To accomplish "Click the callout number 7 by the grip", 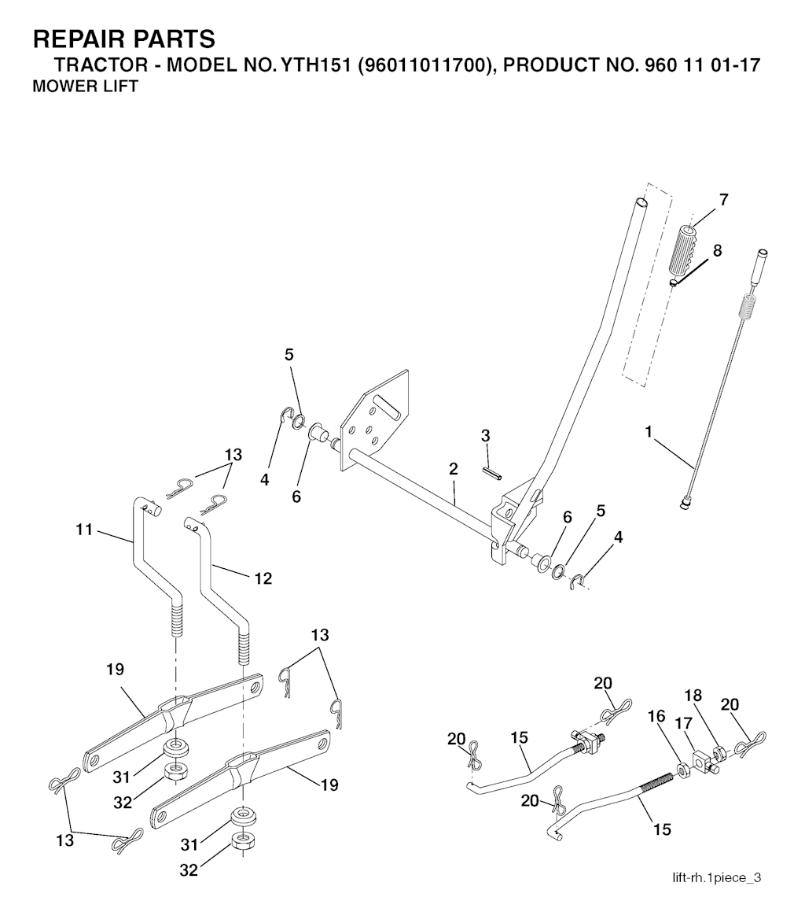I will pyautogui.click(x=722, y=200).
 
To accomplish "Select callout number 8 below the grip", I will pyautogui.click(x=716, y=251).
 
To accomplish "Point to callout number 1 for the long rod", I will pyautogui.click(x=649, y=431).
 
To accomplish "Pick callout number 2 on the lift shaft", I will pyautogui.click(x=454, y=469).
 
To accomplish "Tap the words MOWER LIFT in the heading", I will pyautogui.click(x=85, y=87).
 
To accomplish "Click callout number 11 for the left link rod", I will pyautogui.click(x=84, y=530).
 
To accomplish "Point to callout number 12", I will pyautogui.click(x=263, y=578).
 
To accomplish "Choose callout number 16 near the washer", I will pyautogui.click(x=656, y=716).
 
